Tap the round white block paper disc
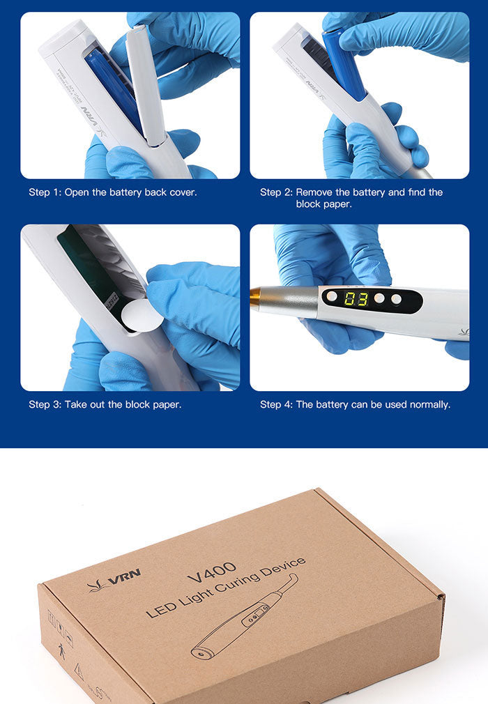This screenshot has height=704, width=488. tap(142, 314)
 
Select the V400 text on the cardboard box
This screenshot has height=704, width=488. tap(212, 572)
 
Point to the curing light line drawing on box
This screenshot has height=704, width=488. tap(244, 618)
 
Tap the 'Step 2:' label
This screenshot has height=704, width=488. tap(276, 192)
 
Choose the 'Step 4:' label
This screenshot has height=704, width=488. tap(276, 404)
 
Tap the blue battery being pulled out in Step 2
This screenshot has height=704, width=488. tap(344, 63)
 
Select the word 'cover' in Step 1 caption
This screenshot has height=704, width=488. tap(183, 192)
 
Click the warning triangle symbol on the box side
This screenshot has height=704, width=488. tap(79, 672)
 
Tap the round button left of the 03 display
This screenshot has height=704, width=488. tap(332, 297)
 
